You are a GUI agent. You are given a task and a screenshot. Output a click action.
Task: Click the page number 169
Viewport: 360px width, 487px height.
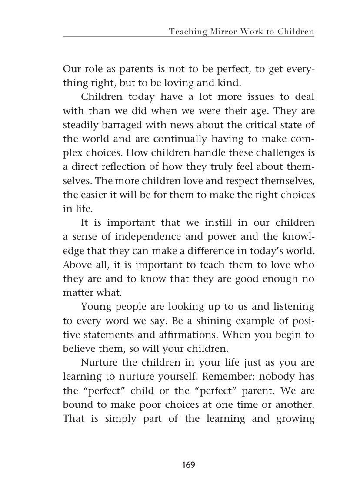tap(189, 465)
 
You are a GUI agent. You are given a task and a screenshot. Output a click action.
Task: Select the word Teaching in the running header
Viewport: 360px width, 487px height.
tap(188, 32)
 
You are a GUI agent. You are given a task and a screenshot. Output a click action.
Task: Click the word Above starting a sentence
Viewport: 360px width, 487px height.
tap(76, 265)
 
